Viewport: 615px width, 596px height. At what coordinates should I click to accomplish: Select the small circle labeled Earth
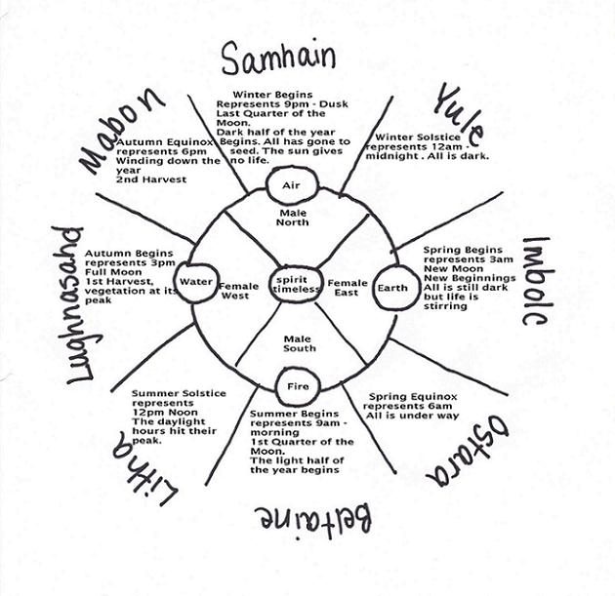click(x=392, y=288)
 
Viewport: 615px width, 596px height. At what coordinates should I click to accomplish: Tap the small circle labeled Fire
click(x=297, y=386)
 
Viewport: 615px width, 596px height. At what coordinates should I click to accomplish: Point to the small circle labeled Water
click(x=196, y=282)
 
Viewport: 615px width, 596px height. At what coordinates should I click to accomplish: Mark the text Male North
click(x=292, y=216)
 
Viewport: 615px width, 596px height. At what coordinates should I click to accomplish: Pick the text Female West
click(x=238, y=291)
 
